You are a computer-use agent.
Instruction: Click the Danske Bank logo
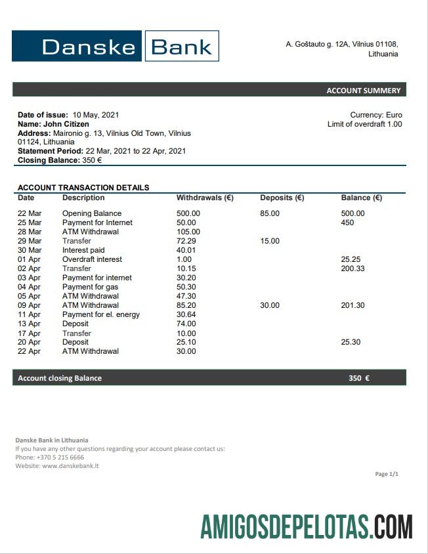(115, 46)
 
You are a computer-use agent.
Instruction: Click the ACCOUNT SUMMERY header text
(363, 91)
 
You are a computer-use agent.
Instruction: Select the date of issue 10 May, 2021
(96, 115)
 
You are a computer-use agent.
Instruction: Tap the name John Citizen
(66, 124)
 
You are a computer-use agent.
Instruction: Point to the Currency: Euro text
(375, 115)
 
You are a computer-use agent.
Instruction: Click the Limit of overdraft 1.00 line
(364, 124)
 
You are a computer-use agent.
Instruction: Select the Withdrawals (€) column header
(205, 198)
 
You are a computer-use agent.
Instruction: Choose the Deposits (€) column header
(282, 198)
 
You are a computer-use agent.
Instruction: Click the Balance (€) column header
(361, 198)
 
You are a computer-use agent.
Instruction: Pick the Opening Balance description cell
(92, 213)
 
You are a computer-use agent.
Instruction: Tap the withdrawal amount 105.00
(188, 232)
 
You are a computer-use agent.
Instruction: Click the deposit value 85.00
(270, 213)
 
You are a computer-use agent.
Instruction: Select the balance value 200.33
(353, 268)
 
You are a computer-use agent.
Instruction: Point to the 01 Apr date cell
(29, 259)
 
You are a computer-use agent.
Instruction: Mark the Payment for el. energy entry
(101, 314)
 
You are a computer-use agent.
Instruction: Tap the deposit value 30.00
(270, 305)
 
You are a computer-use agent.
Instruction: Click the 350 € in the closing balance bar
(358, 378)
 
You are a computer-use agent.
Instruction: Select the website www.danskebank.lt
(70, 466)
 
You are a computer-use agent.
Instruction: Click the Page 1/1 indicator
(386, 474)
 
